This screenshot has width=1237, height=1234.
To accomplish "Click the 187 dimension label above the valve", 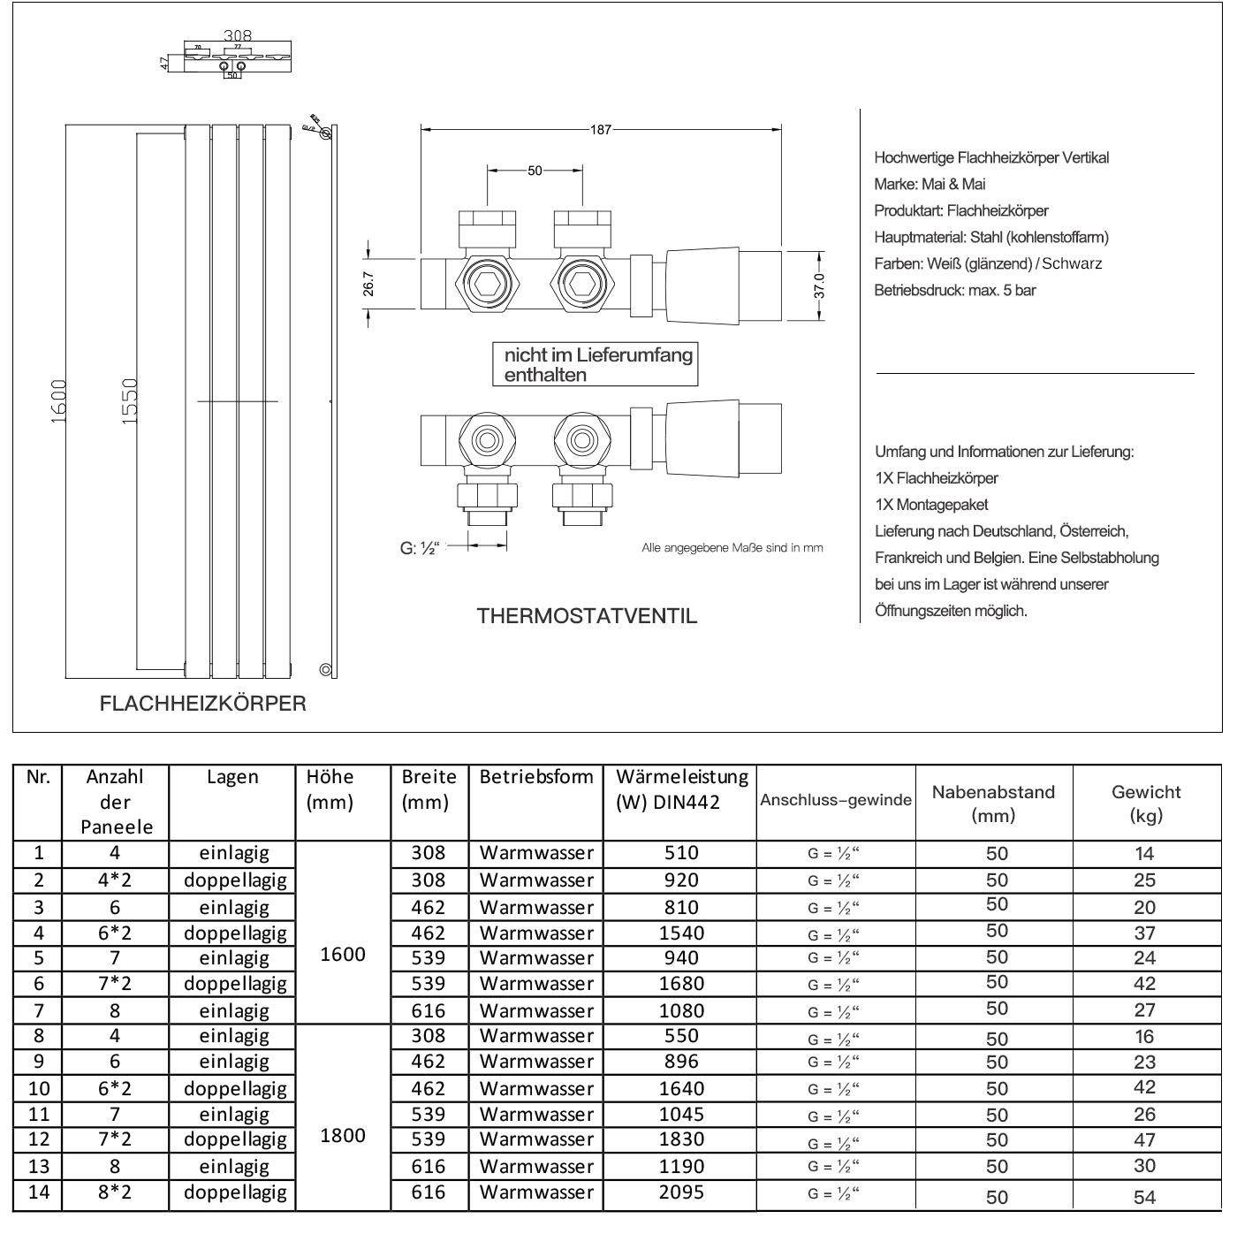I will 601,130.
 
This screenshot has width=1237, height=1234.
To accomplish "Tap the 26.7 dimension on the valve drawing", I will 368,283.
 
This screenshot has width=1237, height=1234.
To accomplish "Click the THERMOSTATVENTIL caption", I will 587,616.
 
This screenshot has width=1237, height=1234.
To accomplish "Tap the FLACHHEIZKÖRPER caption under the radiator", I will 203,704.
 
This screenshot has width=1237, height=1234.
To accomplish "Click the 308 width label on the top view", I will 238,36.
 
